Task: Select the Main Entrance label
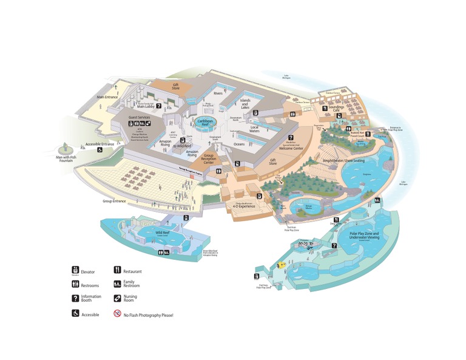[x=107, y=97]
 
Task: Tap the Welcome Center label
[x=291, y=147]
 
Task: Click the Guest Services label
[x=140, y=117]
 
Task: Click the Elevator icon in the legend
[x=76, y=270]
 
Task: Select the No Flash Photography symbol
[x=117, y=314]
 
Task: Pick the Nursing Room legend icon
[x=117, y=299]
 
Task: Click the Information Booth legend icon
[x=76, y=299]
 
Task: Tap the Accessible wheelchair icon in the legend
[x=76, y=314]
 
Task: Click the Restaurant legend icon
[x=117, y=270]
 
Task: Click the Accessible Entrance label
[x=100, y=144]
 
